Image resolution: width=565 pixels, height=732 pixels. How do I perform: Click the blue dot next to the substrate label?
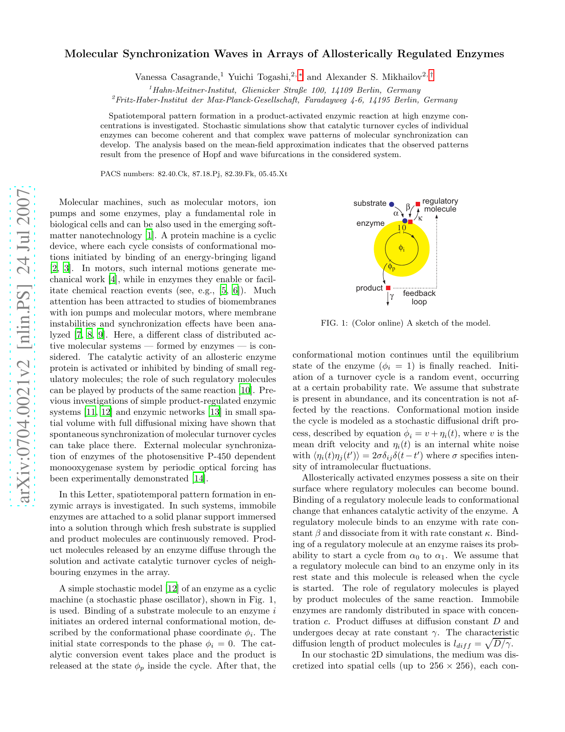coord(391,204)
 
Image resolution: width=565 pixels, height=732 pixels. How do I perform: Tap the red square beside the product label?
coord(388,288)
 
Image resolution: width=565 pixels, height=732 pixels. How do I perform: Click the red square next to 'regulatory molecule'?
coord(417,204)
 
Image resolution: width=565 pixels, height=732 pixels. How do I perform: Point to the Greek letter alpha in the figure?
coord(396,213)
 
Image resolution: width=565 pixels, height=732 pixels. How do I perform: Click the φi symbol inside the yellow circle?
coord(401,248)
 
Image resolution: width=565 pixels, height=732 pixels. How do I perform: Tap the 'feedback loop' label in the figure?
coord(419,298)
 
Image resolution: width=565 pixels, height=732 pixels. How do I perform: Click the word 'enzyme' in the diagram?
coord(370,223)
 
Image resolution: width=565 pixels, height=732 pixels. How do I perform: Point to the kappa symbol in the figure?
coord(420,218)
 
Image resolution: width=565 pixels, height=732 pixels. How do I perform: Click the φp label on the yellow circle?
coord(391,267)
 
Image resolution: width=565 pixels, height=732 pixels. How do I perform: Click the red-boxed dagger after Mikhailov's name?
coord(431,76)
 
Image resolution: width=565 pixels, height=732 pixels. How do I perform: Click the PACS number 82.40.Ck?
coord(173,174)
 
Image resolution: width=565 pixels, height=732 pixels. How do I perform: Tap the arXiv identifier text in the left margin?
coord(22,346)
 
